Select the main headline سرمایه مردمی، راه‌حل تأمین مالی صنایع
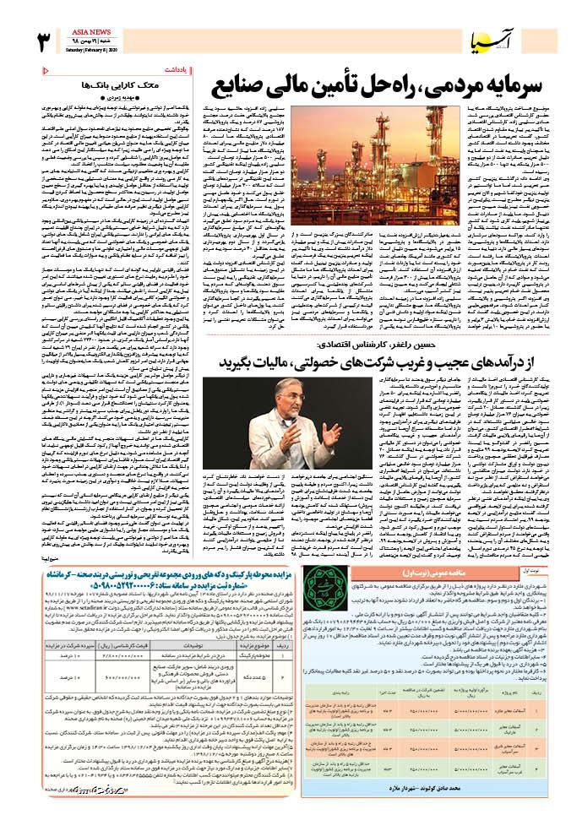click(x=356, y=84)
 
